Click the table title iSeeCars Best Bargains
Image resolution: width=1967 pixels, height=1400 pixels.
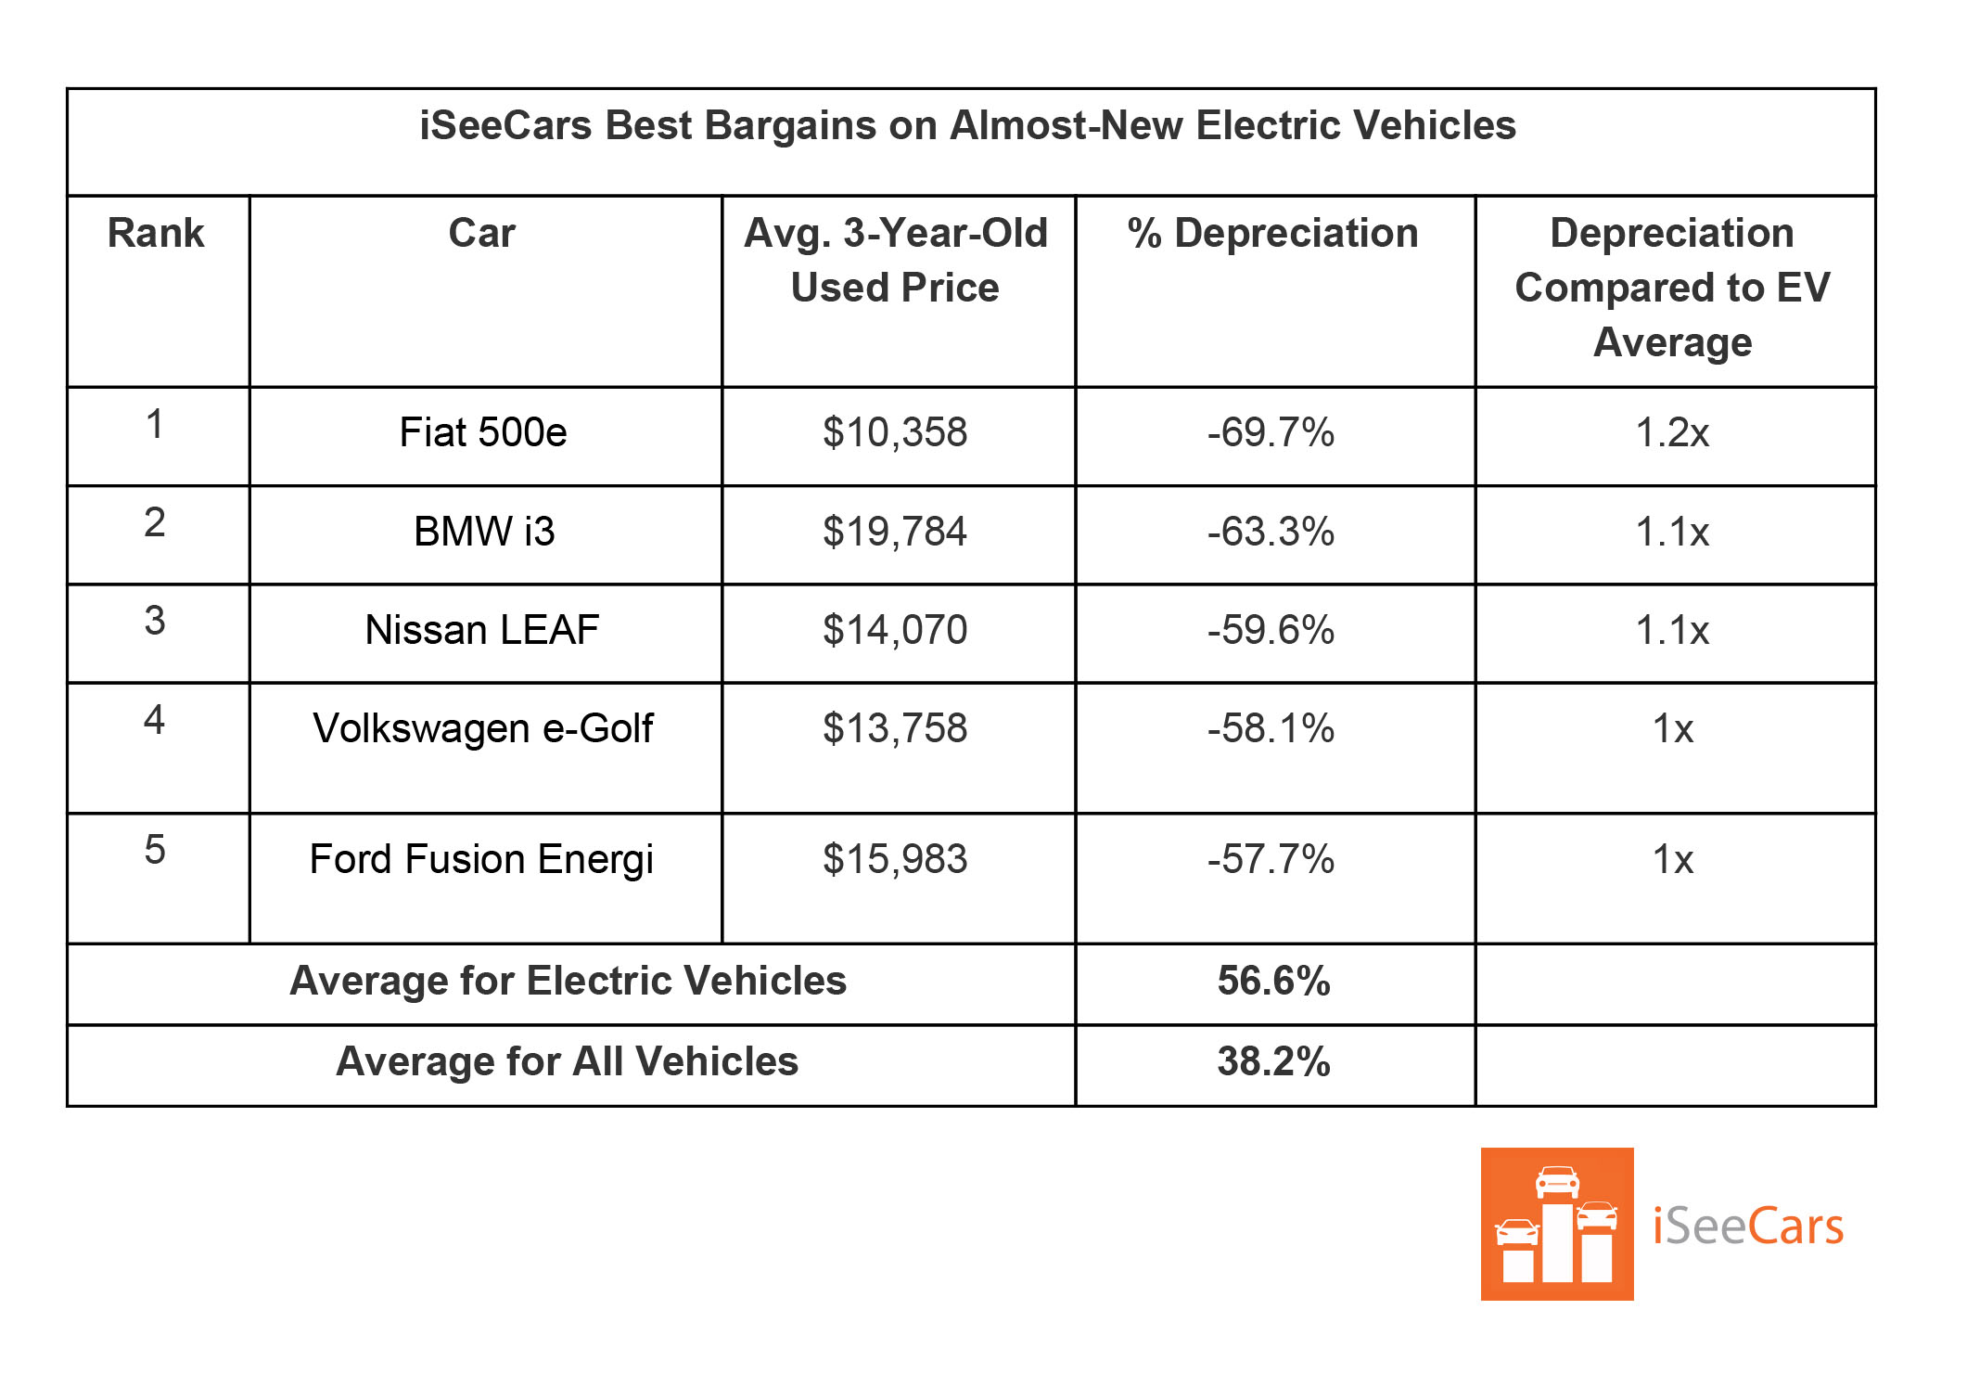967,125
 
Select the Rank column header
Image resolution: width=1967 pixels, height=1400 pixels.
156,233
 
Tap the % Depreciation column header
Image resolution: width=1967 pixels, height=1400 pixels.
1272,233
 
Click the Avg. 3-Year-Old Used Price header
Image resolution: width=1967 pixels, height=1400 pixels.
896,260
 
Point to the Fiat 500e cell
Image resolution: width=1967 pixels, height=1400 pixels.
483,432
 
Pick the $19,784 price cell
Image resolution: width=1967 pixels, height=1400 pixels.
895,532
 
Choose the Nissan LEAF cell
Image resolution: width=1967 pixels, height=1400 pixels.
482,630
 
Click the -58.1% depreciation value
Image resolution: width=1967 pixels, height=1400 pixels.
1271,728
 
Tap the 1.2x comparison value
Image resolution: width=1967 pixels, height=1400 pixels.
1672,432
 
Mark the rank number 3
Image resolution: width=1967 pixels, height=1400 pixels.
155,621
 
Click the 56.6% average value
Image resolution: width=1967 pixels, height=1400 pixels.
1273,981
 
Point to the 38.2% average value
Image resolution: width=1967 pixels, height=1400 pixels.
1273,1061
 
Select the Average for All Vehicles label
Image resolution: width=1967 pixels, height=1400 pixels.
567,1061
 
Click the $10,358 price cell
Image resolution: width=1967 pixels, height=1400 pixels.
895,432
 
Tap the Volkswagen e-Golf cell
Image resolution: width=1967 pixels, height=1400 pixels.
483,728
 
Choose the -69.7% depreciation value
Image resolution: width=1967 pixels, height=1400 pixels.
1271,432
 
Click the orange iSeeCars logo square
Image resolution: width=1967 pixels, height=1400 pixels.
1556,1224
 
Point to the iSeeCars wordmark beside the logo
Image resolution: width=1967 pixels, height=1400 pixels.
1748,1227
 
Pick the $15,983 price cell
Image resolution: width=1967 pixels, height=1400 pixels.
895,859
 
